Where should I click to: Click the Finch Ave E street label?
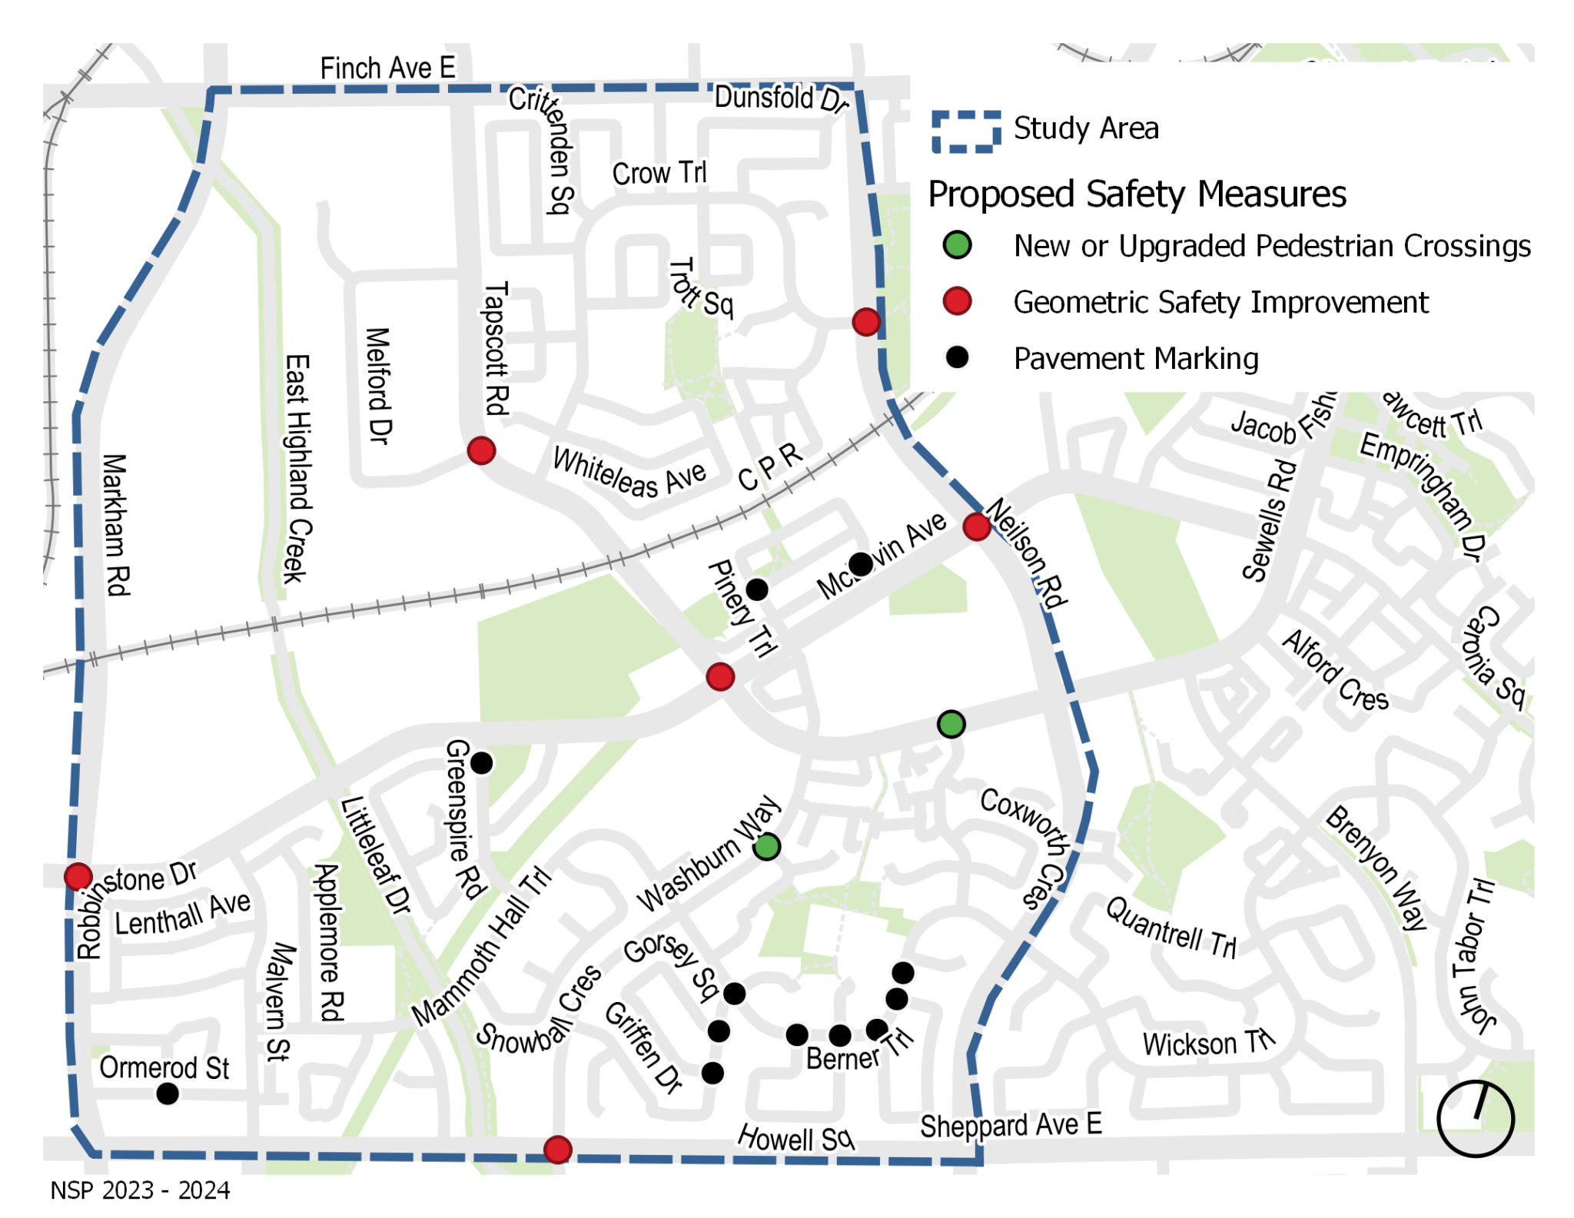[387, 68]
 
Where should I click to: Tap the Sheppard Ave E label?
[1011, 1126]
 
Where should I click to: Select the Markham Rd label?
[115, 524]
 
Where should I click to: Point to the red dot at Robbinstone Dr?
[78, 876]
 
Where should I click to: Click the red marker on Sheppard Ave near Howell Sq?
[557, 1150]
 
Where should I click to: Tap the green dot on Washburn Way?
[766, 847]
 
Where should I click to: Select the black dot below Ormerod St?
[168, 1094]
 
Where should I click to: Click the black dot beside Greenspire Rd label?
[482, 763]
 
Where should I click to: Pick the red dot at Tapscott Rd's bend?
[481, 450]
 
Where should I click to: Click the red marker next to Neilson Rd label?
[976, 527]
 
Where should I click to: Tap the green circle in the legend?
[957, 245]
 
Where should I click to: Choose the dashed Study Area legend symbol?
[966, 131]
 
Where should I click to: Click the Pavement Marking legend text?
[1136, 359]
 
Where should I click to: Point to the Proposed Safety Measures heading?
[1137, 194]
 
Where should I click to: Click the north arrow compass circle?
[1475, 1119]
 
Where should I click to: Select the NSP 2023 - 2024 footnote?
[140, 1190]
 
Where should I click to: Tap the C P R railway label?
[770, 466]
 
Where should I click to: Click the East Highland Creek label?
[297, 468]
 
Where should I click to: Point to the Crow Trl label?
[659, 174]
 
